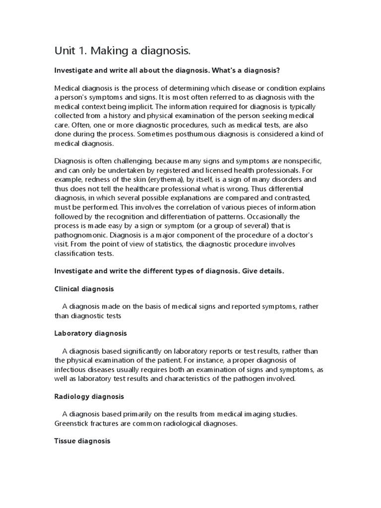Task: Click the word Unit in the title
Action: pyautogui.click(x=64, y=51)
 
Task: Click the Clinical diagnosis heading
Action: pyautogui.click(x=84, y=288)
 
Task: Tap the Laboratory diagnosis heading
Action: pyautogui.click(x=90, y=333)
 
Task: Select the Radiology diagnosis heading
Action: pyautogui.click(x=89, y=396)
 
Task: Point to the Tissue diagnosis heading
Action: pyautogui.click(x=82, y=441)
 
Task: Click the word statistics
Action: pyautogui.click(x=153, y=244)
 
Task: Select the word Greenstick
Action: pyautogui.click(x=73, y=423)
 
